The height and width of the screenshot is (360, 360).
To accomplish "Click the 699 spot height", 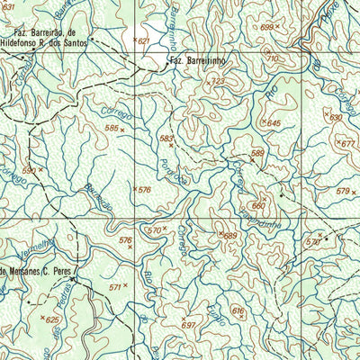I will (266, 28).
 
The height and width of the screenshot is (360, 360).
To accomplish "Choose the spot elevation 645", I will (274, 122).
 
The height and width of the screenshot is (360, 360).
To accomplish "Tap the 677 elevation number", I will (348, 144).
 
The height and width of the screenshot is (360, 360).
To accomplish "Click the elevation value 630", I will (336, 117).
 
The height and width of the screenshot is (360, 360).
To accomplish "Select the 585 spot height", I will (112, 129).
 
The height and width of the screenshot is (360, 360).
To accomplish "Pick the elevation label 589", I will (257, 153).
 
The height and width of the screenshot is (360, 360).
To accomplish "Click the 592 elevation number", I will (29, 169).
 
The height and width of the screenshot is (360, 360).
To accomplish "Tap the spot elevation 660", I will (258, 205).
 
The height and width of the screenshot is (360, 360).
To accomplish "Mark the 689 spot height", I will (230, 236).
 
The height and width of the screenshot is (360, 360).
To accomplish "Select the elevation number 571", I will (114, 286).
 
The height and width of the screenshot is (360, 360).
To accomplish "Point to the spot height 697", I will (188, 324).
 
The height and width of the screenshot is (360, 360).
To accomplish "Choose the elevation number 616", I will (238, 310).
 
